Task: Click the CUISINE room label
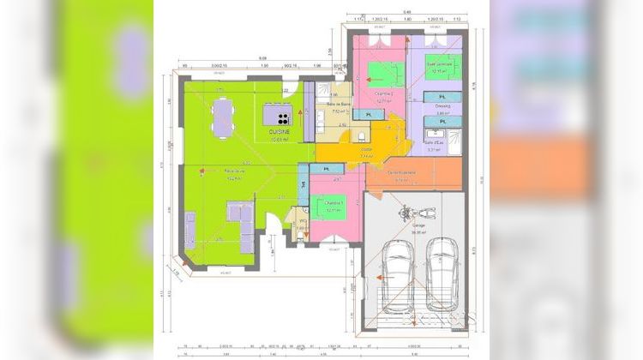tap(279, 131)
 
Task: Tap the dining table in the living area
tap(223, 117)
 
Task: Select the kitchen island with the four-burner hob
tap(278, 114)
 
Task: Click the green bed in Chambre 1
tap(328, 208)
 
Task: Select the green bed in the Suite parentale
tap(442, 67)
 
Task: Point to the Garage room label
tap(418, 225)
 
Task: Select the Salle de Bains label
tap(340, 104)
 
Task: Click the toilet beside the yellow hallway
tap(364, 136)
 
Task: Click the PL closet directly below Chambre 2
tap(370, 114)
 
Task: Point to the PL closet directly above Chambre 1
tap(327, 169)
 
